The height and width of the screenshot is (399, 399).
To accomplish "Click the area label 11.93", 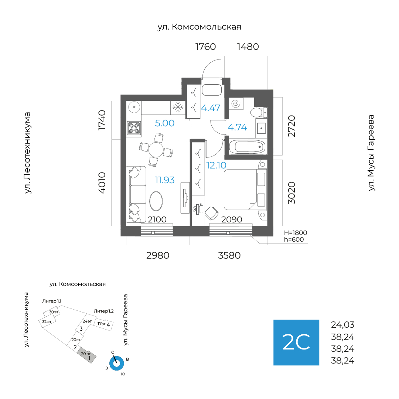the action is pos(165,180).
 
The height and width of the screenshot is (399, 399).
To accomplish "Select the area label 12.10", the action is pos(216,166).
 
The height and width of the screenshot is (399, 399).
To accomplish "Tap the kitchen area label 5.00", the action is pos(165,123).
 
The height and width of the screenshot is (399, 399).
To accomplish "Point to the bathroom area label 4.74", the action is pos(237,127).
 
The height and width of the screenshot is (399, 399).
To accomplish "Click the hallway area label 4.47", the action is pos(211,108).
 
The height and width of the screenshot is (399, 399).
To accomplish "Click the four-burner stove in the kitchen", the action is pos(134,128).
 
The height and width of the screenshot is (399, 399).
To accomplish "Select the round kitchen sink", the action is pos(134,107).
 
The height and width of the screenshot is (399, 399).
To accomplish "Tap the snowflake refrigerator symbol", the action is pos(178,107).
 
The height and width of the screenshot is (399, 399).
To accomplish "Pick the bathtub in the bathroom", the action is pos(248,147).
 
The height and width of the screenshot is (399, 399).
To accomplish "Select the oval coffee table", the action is pos(156,201).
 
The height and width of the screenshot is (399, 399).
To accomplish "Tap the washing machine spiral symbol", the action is pos(236,103).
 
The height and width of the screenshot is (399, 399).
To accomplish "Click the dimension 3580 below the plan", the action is pos(229,256).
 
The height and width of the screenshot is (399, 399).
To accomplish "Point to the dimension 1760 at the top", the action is pos(205,47).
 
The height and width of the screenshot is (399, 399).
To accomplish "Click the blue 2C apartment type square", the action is pos(296,342).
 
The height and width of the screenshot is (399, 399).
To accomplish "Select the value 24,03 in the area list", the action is pos(342,325).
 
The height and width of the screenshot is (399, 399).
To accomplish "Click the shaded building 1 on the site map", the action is pos(87,355).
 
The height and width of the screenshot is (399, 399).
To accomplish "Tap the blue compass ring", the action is pos(116,364).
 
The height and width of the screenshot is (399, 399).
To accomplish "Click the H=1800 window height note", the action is pos(296,233).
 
